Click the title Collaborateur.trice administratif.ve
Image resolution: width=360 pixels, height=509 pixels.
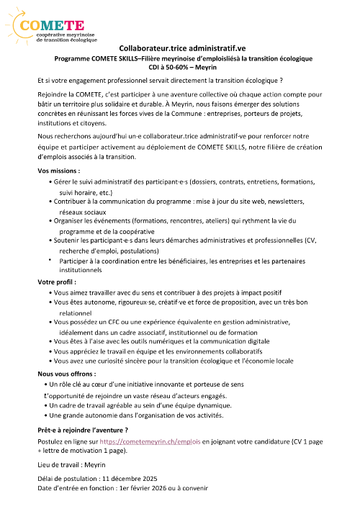click(180, 46)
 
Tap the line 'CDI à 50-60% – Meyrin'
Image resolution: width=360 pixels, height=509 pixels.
click(180, 66)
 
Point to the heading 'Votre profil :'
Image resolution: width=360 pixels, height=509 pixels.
click(57, 282)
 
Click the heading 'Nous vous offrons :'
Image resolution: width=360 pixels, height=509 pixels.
click(66, 374)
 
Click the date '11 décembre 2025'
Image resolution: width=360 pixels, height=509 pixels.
click(129, 478)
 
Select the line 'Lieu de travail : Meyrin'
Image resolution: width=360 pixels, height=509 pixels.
click(72, 465)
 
